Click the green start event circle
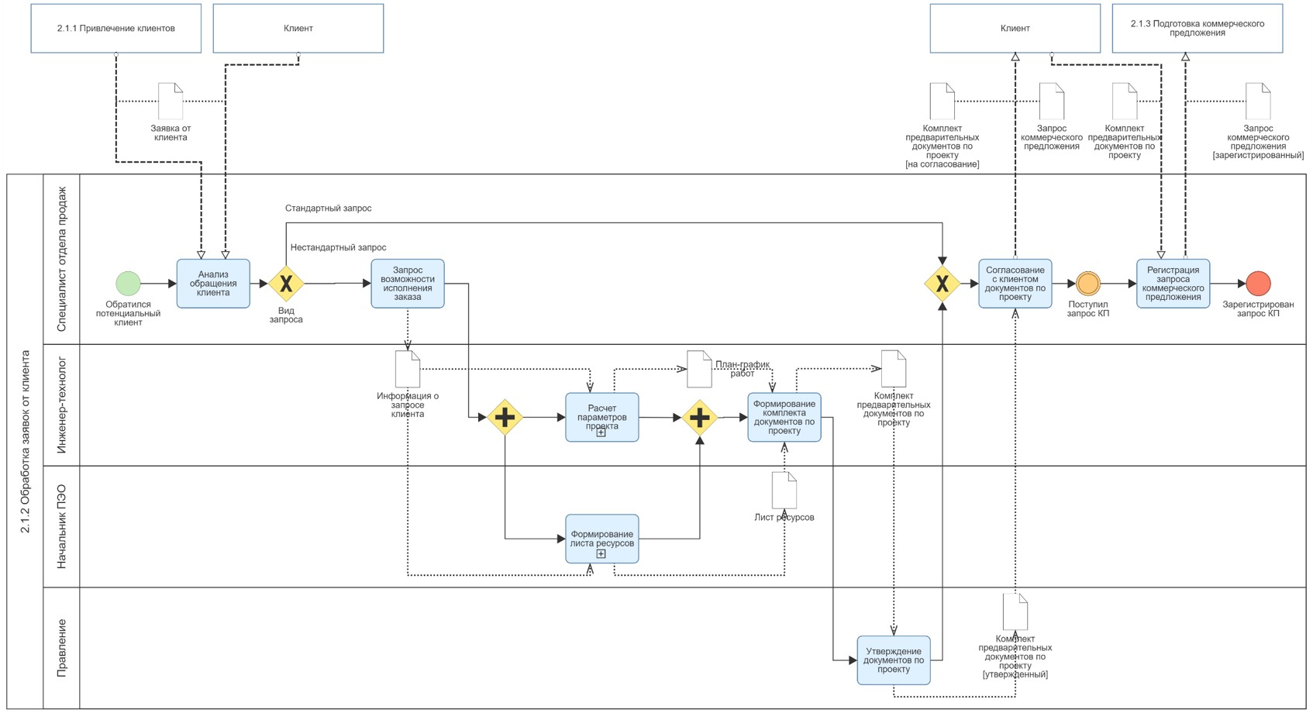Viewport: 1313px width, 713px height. (x=129, y=284)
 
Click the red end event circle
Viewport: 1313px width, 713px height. (x=1258, y=284)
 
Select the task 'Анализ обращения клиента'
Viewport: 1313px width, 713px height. (x=213, y=284)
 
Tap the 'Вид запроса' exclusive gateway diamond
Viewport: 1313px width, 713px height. (x=286, y=284)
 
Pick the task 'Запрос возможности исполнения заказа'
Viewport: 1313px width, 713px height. (x=408, y=284)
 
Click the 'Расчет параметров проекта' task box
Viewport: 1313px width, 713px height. (x=602, y=417)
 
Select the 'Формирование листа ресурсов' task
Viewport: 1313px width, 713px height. (x=602, y=539)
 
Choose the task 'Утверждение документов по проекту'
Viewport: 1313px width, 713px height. (x=894, y=660)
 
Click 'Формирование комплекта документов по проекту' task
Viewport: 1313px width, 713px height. (x=784, y=417)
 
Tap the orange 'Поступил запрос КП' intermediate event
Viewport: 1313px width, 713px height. (x=1088, y=284)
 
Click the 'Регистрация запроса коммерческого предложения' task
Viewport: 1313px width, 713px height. (x=1173, y=284)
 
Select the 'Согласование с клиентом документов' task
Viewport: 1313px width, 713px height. (x=1015, y=284)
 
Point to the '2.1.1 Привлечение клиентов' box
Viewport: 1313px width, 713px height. (x=116, y=28)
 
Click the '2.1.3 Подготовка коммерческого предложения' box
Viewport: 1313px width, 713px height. (x=1198, y=28)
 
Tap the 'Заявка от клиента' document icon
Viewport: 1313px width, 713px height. (x=171, y=101)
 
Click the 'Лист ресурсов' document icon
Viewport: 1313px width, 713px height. (x=784, y=490)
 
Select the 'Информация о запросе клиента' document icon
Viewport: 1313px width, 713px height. (x=408, y=368)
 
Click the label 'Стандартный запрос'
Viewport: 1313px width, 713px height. (x=329, y=208)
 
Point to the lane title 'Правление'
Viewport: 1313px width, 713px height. (x=61, y=648)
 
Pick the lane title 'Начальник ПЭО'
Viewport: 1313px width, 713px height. (x=61, y=527)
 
